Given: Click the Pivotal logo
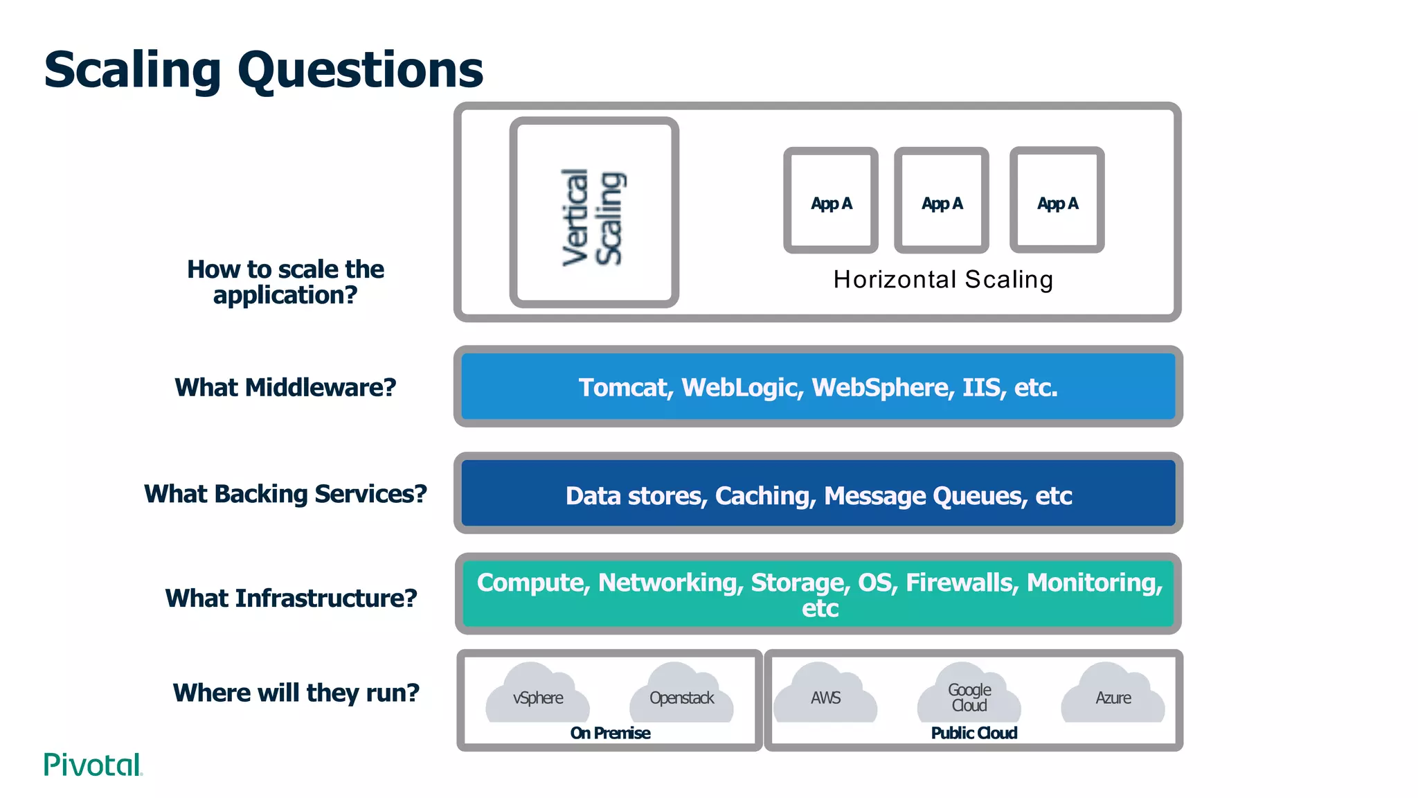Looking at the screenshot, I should click(93, 765).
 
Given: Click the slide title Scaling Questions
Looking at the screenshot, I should click(263, 70).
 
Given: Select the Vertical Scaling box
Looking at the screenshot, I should click(594, 213).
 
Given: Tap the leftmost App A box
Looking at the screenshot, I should click(831, 201).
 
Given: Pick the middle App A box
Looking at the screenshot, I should click(942, 201).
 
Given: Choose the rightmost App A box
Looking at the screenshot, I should click(1057, 201).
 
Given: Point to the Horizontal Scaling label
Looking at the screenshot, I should click(943, 280).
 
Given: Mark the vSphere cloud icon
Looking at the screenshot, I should click(538, 694).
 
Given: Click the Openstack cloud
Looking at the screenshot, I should click(681, 694).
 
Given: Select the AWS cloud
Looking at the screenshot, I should click(825, 694).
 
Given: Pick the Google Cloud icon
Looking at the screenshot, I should click(969, 694).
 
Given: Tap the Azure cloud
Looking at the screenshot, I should click(1113, 694).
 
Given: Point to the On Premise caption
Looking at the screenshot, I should click(610, 734).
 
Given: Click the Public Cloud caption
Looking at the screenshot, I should click(974, 734).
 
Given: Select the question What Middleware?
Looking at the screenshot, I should click(285, 388).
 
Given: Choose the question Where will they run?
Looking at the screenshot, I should click(296, 693).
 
